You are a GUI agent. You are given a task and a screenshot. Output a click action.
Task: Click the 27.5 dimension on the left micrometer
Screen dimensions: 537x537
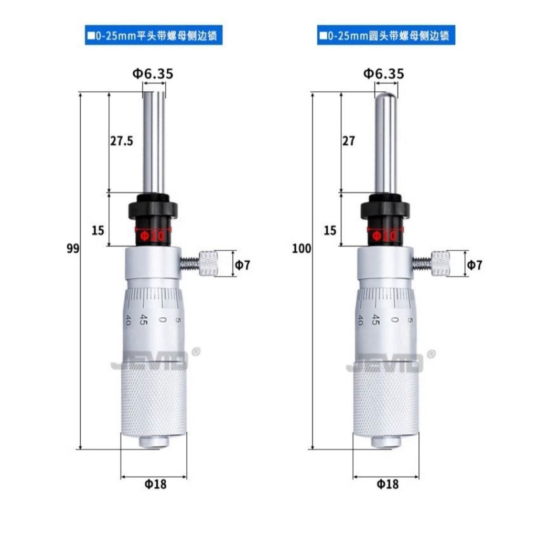122,141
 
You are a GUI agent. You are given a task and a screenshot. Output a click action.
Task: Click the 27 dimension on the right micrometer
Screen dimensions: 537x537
348,141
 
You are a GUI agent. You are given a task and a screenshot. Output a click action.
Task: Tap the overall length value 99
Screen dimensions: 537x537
73,249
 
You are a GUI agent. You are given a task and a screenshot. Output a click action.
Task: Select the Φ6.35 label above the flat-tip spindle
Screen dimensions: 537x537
152,74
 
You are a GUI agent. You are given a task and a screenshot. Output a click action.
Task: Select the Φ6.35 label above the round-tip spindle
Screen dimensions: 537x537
384,74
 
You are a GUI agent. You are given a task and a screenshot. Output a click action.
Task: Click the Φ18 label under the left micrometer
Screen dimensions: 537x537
155,484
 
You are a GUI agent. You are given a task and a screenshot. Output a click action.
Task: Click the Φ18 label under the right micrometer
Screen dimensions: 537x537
388,484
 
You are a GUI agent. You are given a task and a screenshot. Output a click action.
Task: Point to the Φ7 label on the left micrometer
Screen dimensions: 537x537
242,265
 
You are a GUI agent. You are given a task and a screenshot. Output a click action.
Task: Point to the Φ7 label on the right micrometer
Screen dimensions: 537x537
474,265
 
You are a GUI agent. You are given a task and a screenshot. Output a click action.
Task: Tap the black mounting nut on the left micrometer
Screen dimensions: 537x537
154,208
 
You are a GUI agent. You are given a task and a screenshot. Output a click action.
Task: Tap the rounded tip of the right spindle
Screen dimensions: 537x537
386,96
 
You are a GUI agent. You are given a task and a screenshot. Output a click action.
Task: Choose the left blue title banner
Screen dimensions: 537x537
154,37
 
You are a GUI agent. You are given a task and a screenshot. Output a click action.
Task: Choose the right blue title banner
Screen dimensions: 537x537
385,37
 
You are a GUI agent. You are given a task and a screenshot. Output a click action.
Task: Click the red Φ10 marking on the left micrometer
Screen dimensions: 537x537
153,236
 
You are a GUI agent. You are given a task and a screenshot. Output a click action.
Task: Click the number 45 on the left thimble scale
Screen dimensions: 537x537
143,319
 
